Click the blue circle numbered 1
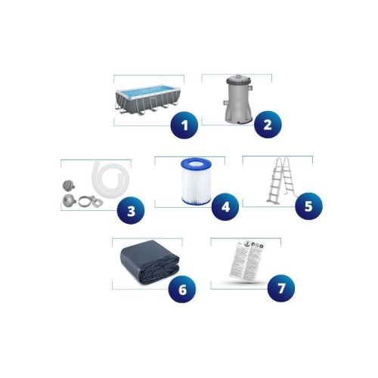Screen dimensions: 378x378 [x=184, y=125]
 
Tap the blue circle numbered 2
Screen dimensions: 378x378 [x=268, y=125]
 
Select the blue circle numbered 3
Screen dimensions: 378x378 [x=131, y=210]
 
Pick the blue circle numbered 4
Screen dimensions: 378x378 [x=225, y=206]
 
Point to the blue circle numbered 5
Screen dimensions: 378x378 [x=308, y=206]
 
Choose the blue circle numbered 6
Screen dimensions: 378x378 [x=182, y=289]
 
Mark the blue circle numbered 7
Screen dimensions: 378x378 [x=281, y=288]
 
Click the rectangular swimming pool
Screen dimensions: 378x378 [x=148, y=100]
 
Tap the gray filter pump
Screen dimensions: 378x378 [x=238, y=98]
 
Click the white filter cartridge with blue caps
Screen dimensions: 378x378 [x=196, y=181]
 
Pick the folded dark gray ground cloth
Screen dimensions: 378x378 [x=150, y=262]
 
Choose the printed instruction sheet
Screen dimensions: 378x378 [x=246, y=261]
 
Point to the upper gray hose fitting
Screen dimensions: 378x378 [x=66, y=185]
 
